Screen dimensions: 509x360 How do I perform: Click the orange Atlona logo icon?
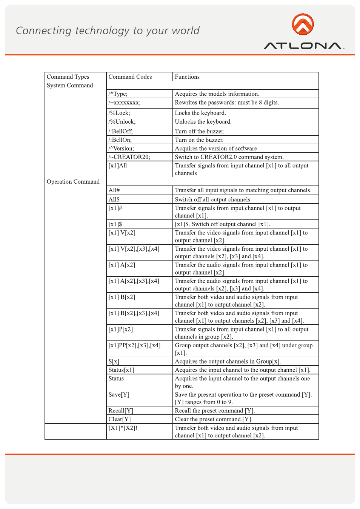point(303,24)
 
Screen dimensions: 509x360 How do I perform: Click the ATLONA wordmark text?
point(303,46)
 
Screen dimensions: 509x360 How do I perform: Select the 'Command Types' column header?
point(68,77)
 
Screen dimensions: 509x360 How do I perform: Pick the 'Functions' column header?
point(187,77)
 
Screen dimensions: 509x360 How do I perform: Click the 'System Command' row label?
point(70,86)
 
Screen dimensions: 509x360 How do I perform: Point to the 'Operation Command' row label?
point(73,182)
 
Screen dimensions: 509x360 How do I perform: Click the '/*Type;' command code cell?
point(118,94)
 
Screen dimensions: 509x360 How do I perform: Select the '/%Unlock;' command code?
point(122,122)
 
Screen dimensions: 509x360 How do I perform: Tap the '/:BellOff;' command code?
point(121,131)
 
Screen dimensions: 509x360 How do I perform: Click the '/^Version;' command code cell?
point(121,149)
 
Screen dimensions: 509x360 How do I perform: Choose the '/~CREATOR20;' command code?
point(129,157)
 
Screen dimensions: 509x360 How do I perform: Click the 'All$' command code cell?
point(114,199)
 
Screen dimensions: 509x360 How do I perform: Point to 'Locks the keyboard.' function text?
point(200,113)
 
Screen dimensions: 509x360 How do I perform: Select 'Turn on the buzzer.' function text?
point(199,140)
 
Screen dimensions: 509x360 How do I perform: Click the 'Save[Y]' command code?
point(119,395)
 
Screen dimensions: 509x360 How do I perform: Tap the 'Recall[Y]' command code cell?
point(121,411)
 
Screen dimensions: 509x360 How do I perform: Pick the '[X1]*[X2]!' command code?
point(123,428)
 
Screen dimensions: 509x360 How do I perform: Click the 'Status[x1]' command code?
point(122,370)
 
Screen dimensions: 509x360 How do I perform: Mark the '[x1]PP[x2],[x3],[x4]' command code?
point(135,345)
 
